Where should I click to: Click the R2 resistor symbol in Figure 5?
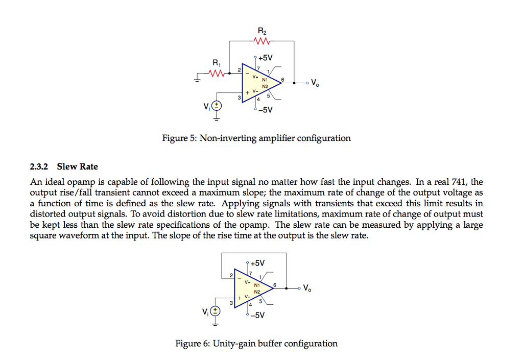[x=261, y=41]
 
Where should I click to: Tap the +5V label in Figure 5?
[x=266, y=58]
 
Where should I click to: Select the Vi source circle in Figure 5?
[x=217, y=106]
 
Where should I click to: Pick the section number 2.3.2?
[x=39, y=166]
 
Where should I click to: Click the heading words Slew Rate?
[x=77, y=166]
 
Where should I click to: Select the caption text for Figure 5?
[x=256, y=138]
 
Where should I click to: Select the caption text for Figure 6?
[x=256, y=343]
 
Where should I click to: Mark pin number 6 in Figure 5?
[x=289, y=79]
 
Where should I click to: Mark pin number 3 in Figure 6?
[x=231, y=304]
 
